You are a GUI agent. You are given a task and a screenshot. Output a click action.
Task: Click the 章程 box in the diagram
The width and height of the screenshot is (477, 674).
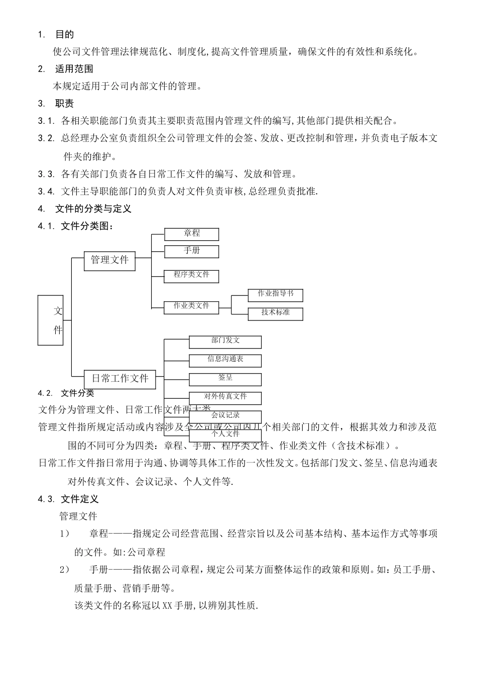pyautogui.click(x=191, y=234)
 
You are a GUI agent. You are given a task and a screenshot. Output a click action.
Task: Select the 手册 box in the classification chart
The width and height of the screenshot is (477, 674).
pyautogui.click(x=191, y=251)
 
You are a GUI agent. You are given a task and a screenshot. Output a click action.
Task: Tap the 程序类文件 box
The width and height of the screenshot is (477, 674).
pyautogui.click(x=191, y=275)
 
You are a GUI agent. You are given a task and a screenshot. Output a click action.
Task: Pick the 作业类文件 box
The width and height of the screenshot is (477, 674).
pyautogui.click(x=191, y=306)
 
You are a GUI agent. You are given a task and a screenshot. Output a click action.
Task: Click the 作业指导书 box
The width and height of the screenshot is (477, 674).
pyautogui.click(x=275, y=294)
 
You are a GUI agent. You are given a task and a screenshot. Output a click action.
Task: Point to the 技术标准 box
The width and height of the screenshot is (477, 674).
pyautogui.click(x=275, y=313)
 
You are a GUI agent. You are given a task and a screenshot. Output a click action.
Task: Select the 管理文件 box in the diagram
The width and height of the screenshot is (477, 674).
pyautogui.click(x=109, y=260)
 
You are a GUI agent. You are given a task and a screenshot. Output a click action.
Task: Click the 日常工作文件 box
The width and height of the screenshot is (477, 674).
pyautogui.click(x=120, y=379)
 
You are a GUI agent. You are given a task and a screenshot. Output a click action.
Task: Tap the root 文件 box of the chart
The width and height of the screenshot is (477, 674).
pyautogui.click(x=51, y=320)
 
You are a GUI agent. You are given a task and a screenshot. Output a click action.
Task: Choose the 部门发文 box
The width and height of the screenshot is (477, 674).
pyautogui.click(x=225, y=341)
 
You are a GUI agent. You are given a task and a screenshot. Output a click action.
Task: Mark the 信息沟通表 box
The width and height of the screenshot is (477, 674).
pyautogui.click(x=225, y=360)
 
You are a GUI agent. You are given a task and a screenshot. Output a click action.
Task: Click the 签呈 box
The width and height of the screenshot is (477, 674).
pyautogui.click(x=225, y=379)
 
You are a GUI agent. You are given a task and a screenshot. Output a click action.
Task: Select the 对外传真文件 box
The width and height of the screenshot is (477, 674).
pyautogui.click(x=225, y=397)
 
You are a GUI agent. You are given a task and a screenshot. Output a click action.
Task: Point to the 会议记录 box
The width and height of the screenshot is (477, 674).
pyautogui.click(x=225, y=416)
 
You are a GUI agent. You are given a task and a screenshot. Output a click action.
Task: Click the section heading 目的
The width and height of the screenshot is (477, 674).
pyautogui.click(x=64, y=35)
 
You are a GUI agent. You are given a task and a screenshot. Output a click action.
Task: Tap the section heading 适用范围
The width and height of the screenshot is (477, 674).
pyautogui.click(x=74, y=69)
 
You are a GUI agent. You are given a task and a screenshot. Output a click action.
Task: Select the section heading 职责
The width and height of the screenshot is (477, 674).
pyautogui.click(x=64, y=104)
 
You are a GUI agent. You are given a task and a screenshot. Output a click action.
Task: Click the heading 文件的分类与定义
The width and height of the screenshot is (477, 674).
pyautogui.click(x=93, y=209)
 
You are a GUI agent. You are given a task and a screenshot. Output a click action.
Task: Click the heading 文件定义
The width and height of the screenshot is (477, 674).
pyautogui.click(x=79, y=499)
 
